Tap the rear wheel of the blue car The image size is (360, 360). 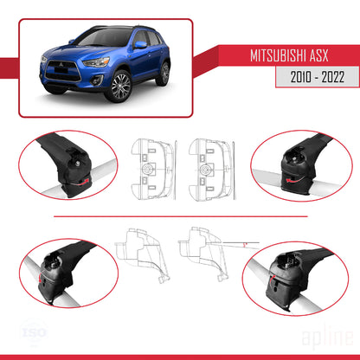pyautogui.click(x=163, y=72)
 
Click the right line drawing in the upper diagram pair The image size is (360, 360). pyautogui.click(x=210, y=164)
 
